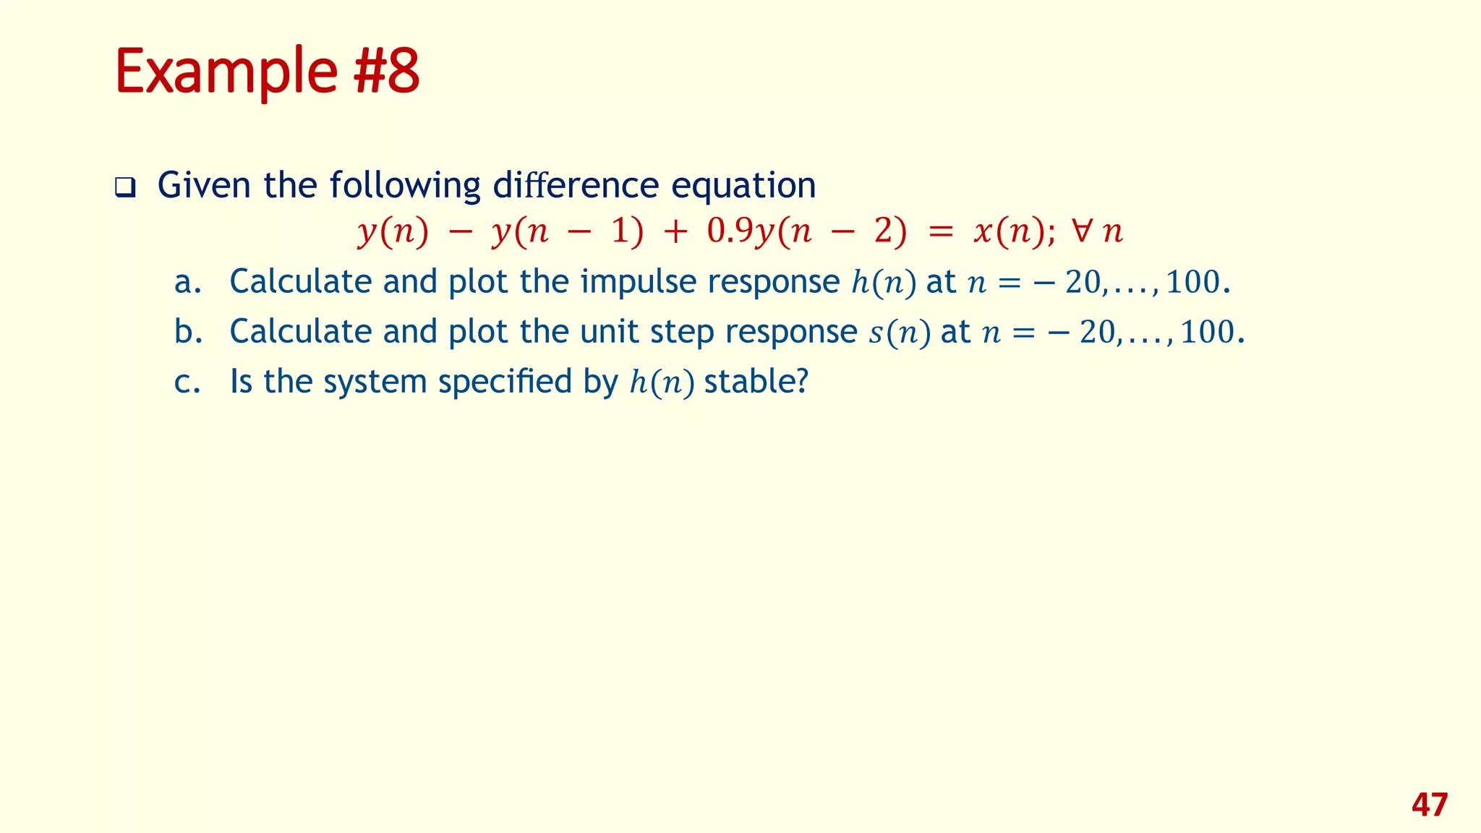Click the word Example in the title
pos(225,72)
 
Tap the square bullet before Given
pos(125,188)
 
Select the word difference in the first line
pos(576,185)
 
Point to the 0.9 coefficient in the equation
pos(730,231)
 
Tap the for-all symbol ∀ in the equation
pos(1082,231)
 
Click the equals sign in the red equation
pos(941,232)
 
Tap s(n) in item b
pos(899,333)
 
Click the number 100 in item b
pos(1208,332)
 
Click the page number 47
pos(1429,805)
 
